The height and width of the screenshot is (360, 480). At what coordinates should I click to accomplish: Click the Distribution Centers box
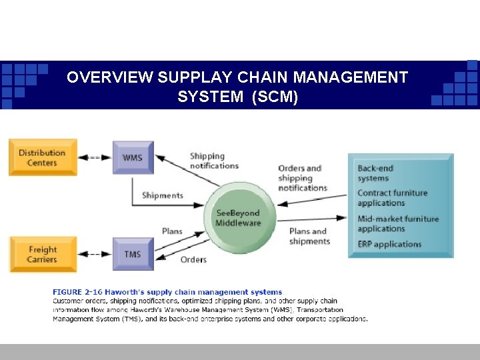click(x=43, y=157)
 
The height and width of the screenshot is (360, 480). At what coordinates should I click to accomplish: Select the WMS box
click(x=133, y=158)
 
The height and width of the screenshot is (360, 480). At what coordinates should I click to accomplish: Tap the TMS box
click(x=133, y=254)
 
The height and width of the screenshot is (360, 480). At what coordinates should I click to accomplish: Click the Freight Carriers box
click(x=43, y=254)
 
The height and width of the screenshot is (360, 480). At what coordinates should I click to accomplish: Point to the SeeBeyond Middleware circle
click(x=237, y=213)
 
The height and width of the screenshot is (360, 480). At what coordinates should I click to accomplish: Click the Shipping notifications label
click(x=214, y=161)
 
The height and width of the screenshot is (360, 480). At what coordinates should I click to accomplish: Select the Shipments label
click(x=162, y=195)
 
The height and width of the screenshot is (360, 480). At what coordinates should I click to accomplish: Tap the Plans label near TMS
click(x=172, y=231)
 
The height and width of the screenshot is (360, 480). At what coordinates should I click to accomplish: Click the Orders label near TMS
click(x=193, y=259)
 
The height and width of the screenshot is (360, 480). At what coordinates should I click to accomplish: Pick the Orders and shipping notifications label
click(x=303, y=178)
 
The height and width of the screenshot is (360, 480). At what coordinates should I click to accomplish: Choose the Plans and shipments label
click(x=309, y=236)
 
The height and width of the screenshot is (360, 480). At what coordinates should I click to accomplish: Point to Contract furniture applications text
click(x=392, y=198)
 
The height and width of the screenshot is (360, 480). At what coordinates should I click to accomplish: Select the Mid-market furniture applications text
click(x=398, y=223)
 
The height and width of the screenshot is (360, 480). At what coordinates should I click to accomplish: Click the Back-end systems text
click(x=375, y=173)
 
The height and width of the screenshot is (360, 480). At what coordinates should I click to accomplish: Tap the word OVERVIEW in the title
click(x=110, y=78)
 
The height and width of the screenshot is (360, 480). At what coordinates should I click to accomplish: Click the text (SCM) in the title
click(x=274, y=97)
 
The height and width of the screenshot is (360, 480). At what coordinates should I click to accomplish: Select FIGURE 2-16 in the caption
click(x=76, y=292)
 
